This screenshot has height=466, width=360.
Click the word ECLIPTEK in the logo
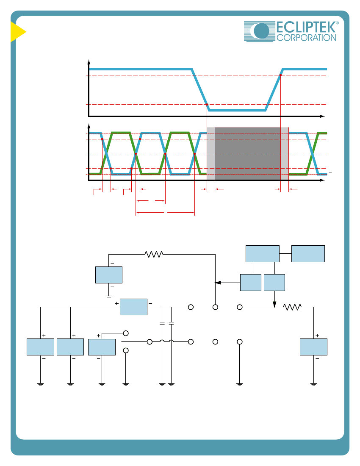[x=306, y=28]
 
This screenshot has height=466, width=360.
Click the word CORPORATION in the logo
[x=306, y=38]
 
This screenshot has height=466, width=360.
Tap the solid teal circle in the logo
[x=261, y=31]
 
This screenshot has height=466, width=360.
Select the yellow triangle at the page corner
[x=18, y=32]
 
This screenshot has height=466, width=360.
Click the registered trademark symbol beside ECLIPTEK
[x=337, y=23]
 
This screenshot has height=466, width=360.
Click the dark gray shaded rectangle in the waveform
[x=248, y=153]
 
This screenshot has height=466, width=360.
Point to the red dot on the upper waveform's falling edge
[x=207, y=105]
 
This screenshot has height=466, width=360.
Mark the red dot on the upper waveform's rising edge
[x=280, y=75]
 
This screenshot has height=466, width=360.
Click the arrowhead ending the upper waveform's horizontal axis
[x=322, y=116]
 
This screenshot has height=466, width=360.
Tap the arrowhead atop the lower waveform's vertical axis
[x=89, y=126]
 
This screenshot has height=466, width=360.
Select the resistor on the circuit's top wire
[x=154, y=255]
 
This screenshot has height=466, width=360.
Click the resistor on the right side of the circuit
[x=293, y=307]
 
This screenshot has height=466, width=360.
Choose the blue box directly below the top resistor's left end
[x=109, y=275]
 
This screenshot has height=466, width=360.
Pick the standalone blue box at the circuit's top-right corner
[x=308, y=254]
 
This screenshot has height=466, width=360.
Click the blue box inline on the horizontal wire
[x=134, y=307]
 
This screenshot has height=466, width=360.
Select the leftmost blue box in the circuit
[x=40, y=347]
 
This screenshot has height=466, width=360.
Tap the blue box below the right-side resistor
[x=314, y=347]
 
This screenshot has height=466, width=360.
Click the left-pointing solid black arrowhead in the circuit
[x=218, y=283]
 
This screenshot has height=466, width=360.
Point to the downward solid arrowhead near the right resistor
[x=274, y=304]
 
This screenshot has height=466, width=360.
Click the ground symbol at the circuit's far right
[x=314, y=385]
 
